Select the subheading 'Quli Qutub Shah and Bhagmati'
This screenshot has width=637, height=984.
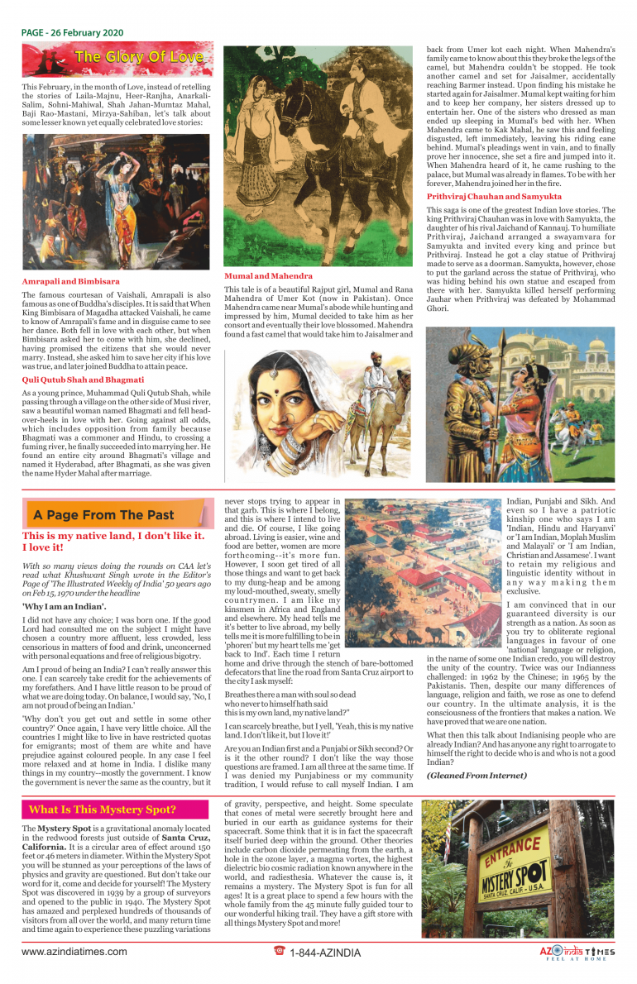pyautogui.click(x=83, y=379)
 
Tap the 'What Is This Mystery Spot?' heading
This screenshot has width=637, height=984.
pyautogui.click(x=103, y=810)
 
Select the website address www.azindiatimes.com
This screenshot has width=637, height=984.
pyautogui.click(x=75, y=952)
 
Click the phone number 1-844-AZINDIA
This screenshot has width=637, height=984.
pyautogui.click(x=325, y=953)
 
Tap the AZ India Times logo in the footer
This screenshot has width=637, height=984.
pyautogui.click(x=577, y=953)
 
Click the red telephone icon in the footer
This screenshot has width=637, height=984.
pyautogui.click(x=279, y=952)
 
